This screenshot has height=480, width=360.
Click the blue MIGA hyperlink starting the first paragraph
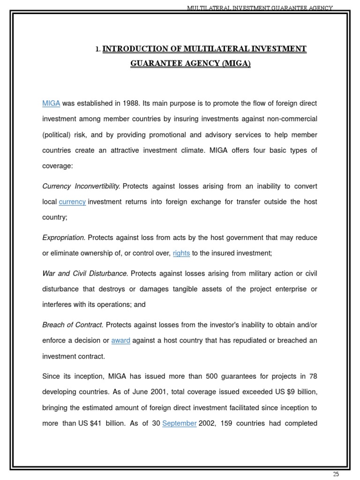pyautogui.click(x=51, y=103)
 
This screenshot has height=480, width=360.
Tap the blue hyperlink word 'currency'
pyautogui.click(x=72, y=202)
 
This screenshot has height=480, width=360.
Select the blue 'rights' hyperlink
pyautogui.click(x=181, y=253)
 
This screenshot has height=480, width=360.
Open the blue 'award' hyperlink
pyautogui.click(x=120, y=340)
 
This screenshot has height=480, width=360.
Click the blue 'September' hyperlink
pyautogui.click(x=180, y=423)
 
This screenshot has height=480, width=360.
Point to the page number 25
pyautogui.click(x=336, y=474)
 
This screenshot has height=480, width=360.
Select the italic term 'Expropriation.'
pyautogui.click(x=64, y=238)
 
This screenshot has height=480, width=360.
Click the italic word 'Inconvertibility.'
pyautogui.click(x=97, y=186)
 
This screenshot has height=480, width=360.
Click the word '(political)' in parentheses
pyautogui.click(x=58, y=135)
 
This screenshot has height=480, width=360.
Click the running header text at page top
pyautogui.click(x=260, y=8)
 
